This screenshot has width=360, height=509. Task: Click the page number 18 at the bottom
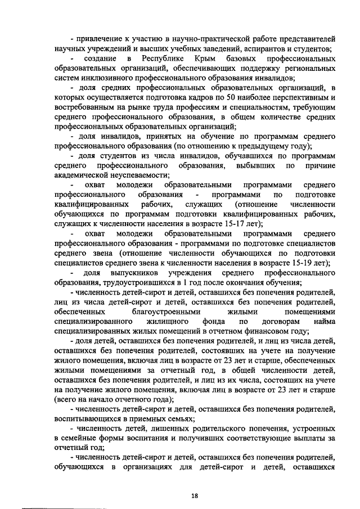point(195,496)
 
